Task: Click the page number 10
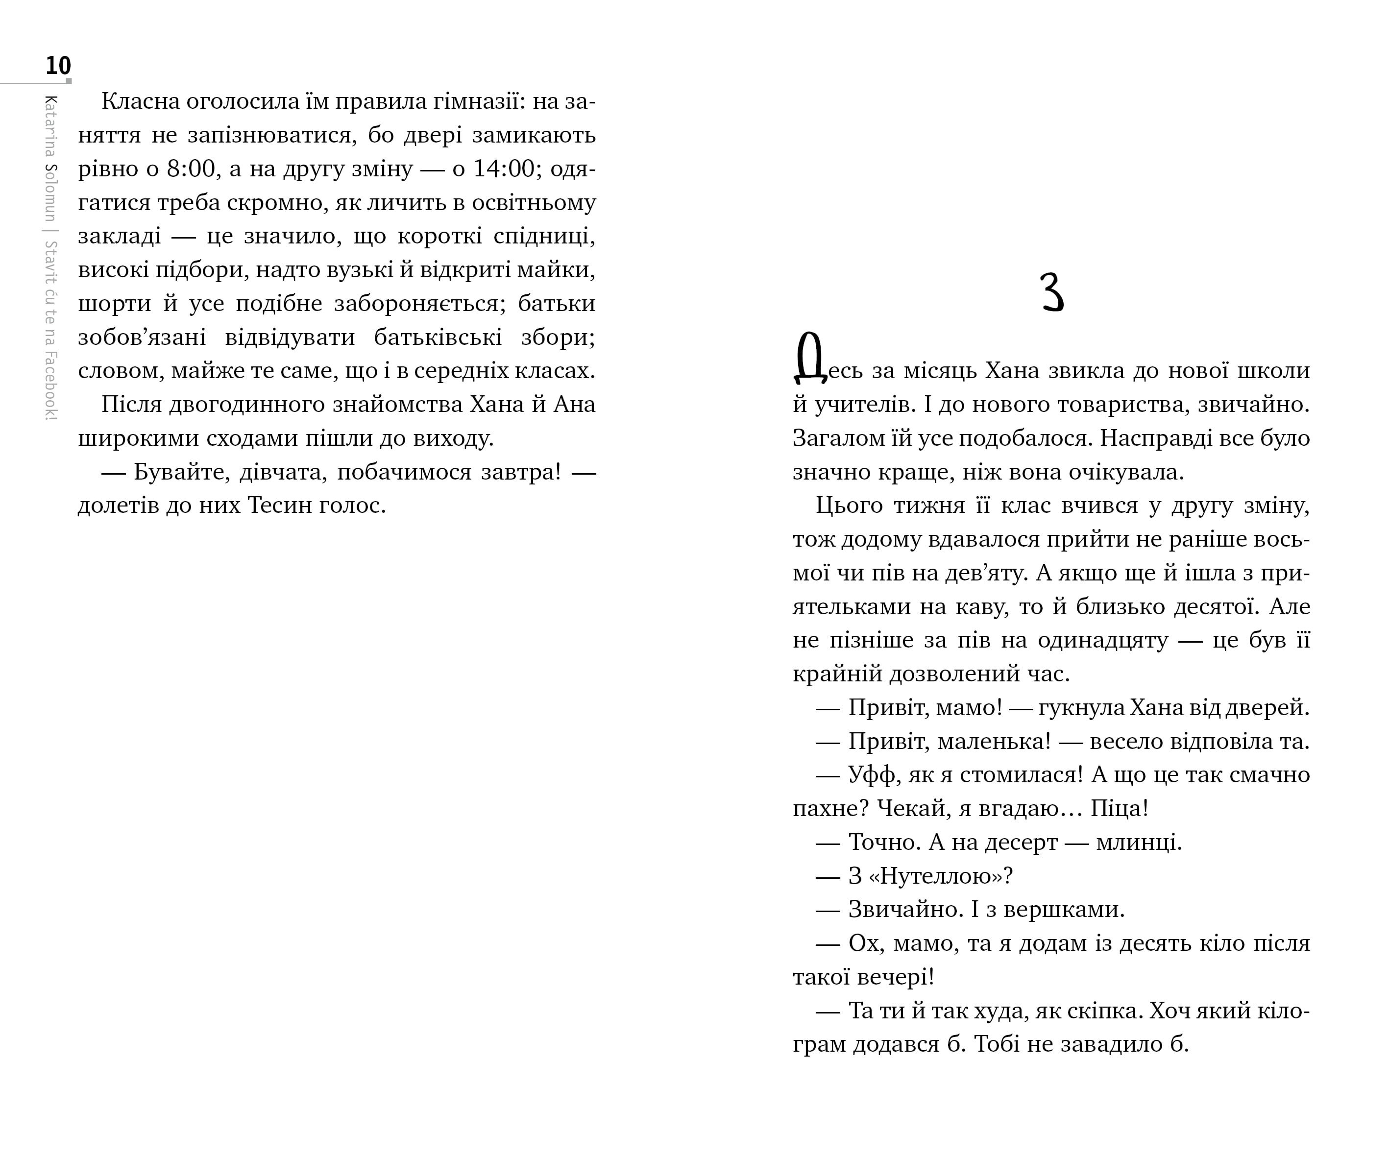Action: click(58, 66)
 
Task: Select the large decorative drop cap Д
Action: click(809, 359)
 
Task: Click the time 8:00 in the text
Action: click(191, 169)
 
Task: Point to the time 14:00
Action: click(503, 169)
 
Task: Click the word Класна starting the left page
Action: click(141, 102)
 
